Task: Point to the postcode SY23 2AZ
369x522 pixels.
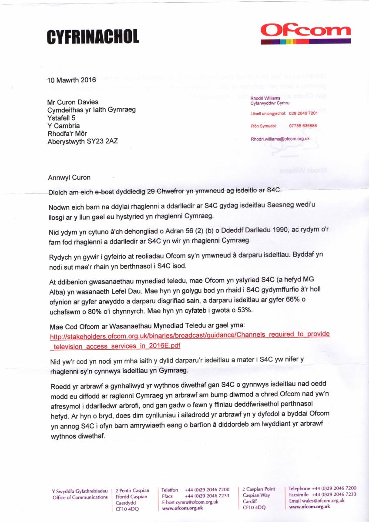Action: [107, 141]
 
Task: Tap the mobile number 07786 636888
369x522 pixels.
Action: [303, 126]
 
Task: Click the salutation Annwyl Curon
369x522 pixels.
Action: [67, 177]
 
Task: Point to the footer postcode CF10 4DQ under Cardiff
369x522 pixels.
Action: [254, 507]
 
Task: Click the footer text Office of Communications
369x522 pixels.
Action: [80, 497]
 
